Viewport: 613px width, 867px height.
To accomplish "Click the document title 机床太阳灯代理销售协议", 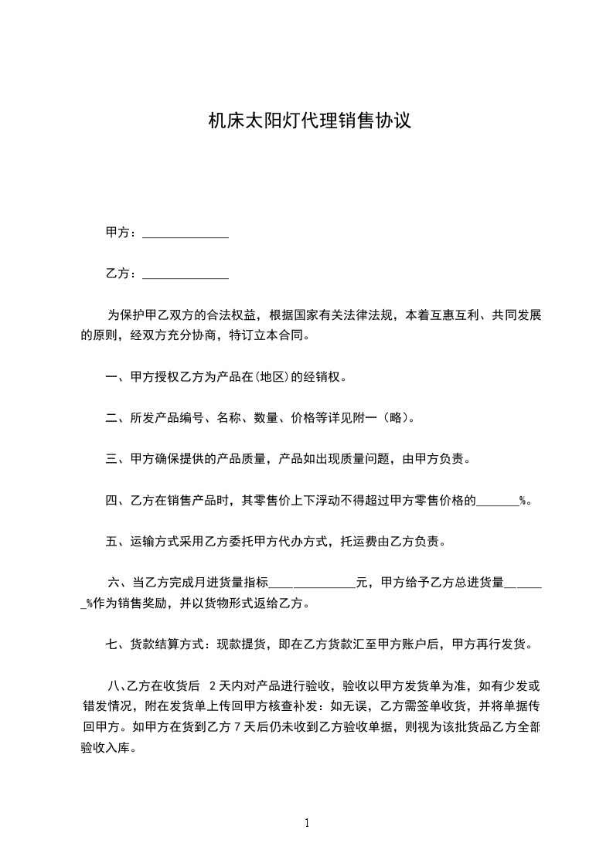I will click(x=308, y=121).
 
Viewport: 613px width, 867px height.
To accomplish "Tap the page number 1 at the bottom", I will click(x=307, y=823).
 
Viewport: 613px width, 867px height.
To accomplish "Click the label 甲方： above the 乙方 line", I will click(x=121, y=232).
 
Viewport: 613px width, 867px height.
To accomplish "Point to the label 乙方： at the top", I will click(x=121, y=273).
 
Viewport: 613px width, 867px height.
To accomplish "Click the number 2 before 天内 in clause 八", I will click(x=213, y=685).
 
